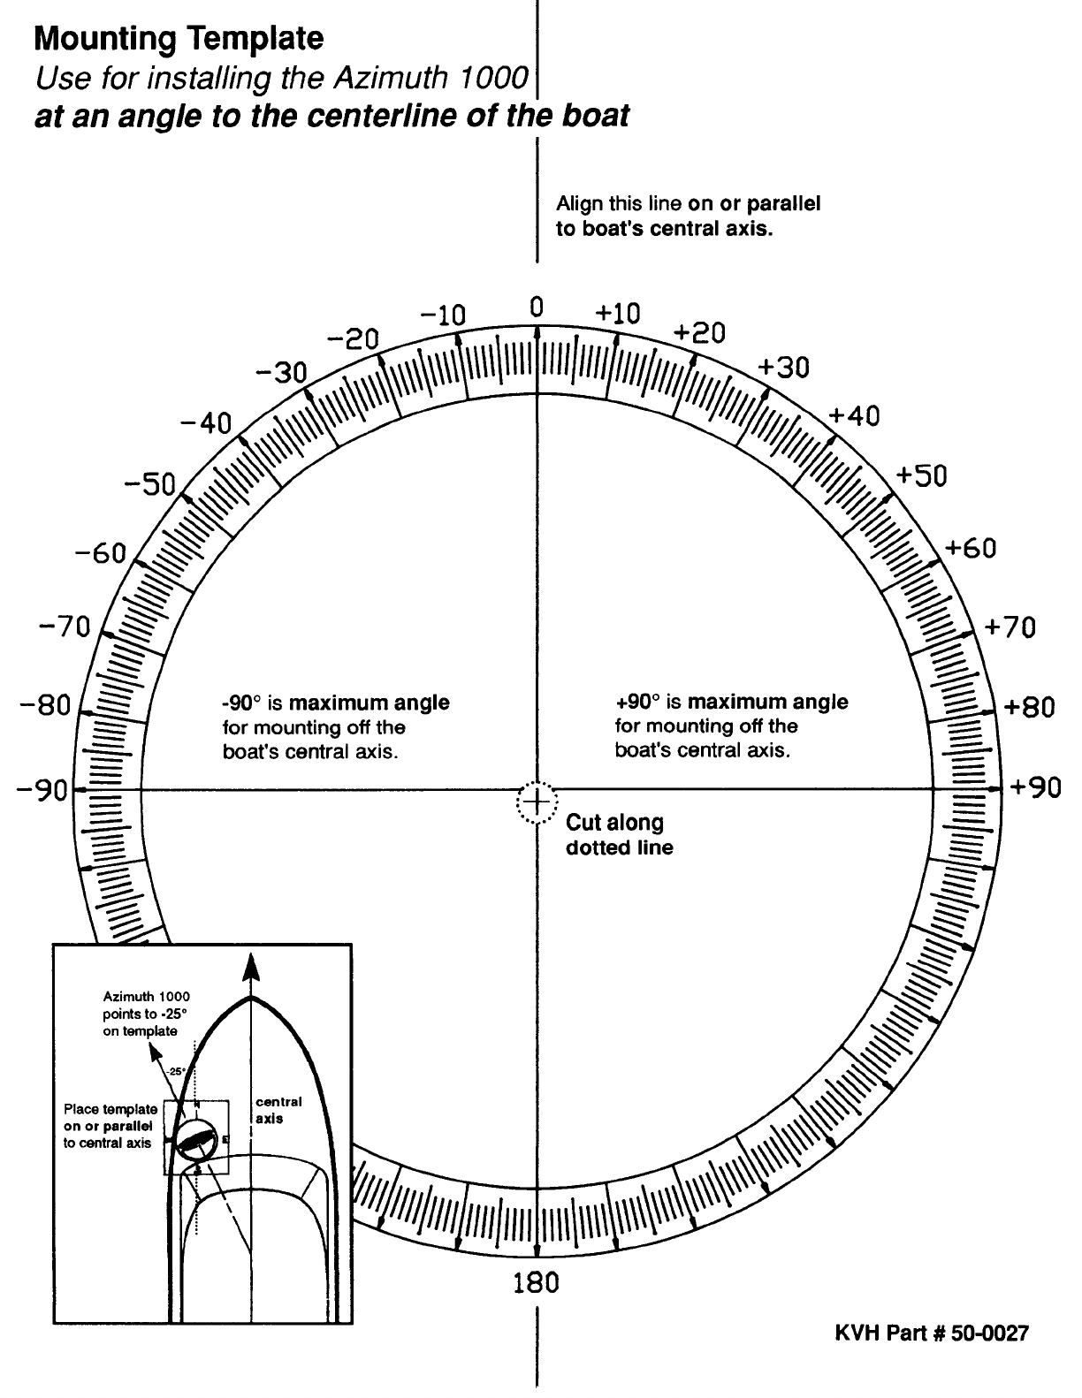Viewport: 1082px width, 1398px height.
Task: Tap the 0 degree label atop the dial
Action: click(536, 308)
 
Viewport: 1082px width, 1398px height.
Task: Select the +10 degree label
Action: click(618, 314)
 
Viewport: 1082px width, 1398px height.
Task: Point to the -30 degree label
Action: click(280, 373)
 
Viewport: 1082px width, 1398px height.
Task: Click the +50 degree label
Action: click(921, 476)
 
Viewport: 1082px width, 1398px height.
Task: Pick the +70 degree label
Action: click(1010, 628)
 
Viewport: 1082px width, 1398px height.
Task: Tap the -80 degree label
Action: click(43, 707)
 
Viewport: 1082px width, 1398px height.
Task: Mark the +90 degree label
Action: click(1035, 787)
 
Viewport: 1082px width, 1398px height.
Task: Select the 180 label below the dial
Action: click(536, 1282)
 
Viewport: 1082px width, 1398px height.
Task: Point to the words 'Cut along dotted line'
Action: click(619, 835)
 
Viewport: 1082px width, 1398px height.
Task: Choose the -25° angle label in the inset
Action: click(175, 1072)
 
